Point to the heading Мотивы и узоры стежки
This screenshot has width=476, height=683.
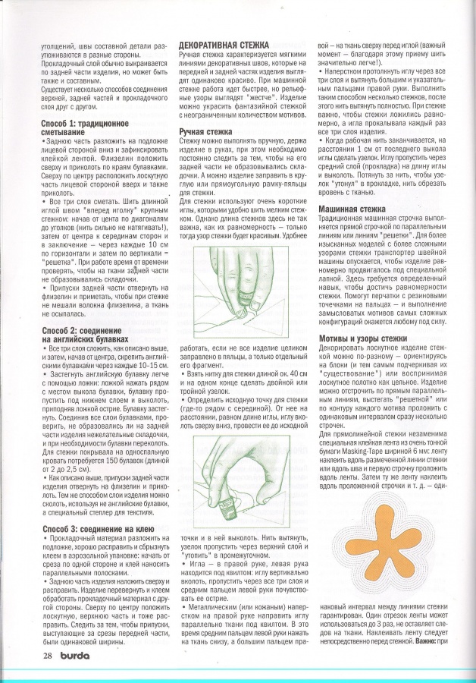[x=364, y=337]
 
